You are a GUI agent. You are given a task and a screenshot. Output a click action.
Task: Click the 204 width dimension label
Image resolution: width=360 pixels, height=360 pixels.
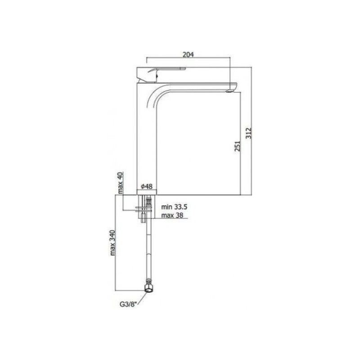pos(188,54)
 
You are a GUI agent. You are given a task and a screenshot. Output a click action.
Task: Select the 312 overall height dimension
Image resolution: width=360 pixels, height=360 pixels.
pos(249,133)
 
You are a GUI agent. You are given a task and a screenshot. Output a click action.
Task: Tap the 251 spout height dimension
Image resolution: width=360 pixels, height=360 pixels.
pos(238,146)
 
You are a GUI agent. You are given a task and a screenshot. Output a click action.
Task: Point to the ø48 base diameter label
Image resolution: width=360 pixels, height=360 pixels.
pos(147,186)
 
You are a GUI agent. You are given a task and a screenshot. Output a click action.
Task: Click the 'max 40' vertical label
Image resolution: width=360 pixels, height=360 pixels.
pos(121,183)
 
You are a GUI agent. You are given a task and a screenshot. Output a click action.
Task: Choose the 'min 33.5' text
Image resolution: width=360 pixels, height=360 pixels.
pos(174,207)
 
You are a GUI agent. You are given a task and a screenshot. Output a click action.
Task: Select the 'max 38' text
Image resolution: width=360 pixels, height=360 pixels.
pos(172,216)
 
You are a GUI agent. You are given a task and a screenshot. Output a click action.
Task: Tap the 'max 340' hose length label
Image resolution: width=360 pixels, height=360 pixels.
pos(112,243)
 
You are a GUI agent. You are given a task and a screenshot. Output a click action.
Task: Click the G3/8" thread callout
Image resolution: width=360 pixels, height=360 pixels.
pos(128,304)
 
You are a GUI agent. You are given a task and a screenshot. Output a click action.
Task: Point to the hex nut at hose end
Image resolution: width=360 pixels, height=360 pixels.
pos(148,288)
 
